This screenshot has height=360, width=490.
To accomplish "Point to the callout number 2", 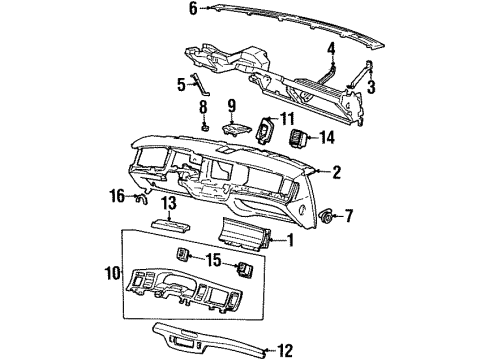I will (x=336, y=173).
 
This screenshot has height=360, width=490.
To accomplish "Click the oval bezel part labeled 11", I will (x=266, y=129).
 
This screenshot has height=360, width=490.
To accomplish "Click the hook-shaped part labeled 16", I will (x=138, y=200).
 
